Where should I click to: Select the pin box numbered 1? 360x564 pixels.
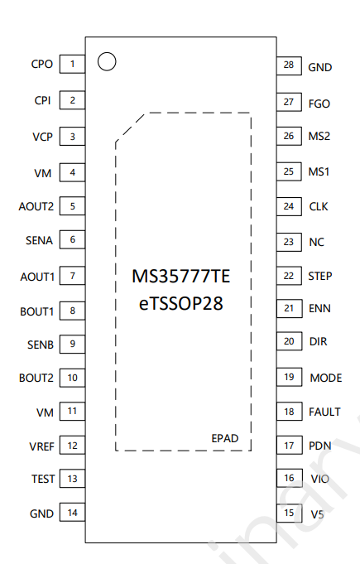(x=72, y=64)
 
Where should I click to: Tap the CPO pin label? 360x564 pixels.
(x=42, y=64)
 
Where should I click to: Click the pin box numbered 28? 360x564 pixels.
(x=289, y=65)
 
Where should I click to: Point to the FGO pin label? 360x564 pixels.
(x=319, y=104)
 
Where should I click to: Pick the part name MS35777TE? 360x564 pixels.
(x=180, y=277)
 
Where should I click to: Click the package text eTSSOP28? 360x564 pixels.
(x=180, y=303)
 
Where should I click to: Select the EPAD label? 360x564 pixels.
(x=225, y=438)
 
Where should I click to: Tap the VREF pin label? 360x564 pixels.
(x=41, y=446)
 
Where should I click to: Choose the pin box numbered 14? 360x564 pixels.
(x=72, y=512)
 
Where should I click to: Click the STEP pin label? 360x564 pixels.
(x=320, y=276)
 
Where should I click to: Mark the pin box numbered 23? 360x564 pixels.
(x=289, y=242)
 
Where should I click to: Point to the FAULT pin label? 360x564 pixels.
(x=324, y=412)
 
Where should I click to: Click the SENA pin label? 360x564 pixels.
(x=39, y=240)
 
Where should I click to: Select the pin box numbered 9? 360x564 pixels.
(x=72, y=344)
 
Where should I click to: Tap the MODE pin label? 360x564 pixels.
(x=326, y=378)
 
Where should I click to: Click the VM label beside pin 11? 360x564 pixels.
(x=45, y=412)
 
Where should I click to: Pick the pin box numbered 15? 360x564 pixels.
(x=289, y=513)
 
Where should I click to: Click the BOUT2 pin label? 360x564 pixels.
(x=36, y=378)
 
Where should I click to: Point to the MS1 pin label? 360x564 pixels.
(x=319, y=171)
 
